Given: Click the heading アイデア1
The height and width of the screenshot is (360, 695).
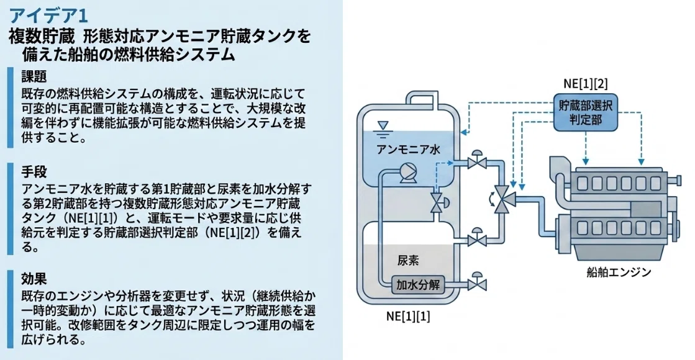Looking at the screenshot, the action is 48,16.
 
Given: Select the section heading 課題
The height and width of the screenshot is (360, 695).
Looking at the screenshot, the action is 34,76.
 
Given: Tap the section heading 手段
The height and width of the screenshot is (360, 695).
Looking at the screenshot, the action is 34,171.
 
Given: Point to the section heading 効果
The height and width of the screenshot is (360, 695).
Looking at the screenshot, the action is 34,279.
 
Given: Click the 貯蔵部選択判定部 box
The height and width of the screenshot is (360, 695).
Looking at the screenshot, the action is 585,112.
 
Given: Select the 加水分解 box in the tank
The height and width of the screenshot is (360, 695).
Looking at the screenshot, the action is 417,285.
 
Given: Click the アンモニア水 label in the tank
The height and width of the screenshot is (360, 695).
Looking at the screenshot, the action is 408,149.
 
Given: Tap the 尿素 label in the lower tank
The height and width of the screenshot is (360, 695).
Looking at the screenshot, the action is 408,260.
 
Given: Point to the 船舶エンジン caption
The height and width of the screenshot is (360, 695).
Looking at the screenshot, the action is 619,272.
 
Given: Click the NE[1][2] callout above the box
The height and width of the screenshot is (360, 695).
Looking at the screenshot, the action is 585,84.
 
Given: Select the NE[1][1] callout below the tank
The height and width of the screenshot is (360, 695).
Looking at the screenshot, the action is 408,316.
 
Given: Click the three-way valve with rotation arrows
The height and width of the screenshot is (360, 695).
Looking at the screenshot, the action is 501,199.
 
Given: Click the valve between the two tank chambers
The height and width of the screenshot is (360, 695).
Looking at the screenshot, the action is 438,202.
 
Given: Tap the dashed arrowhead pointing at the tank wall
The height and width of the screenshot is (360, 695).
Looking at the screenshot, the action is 463,132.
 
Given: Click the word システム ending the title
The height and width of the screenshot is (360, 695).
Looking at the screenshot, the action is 205,55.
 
